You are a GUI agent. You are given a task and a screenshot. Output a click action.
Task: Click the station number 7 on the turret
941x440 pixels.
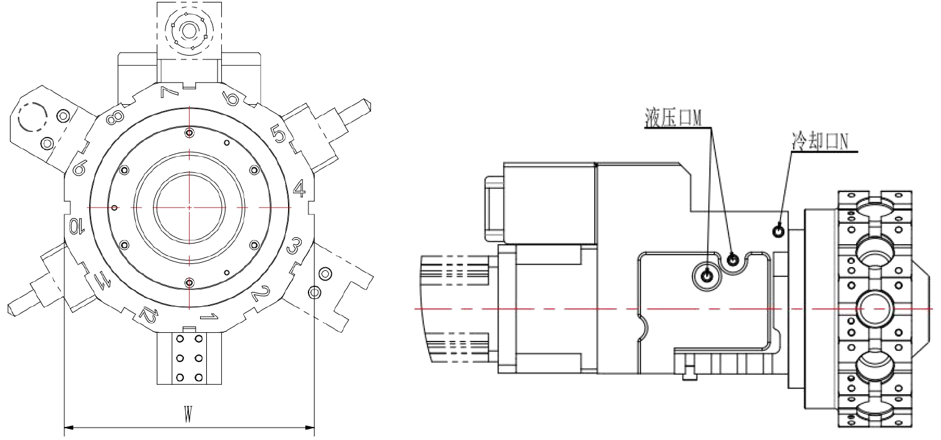(170, 92)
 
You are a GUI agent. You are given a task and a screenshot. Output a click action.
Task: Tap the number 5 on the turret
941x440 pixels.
(278, 134)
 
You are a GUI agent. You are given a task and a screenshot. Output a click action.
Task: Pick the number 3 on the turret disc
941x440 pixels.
(294, 246)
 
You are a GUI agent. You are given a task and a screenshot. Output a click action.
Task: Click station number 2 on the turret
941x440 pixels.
(260, 293)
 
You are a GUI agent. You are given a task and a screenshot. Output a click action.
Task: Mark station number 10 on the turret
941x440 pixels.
(77, 226)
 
